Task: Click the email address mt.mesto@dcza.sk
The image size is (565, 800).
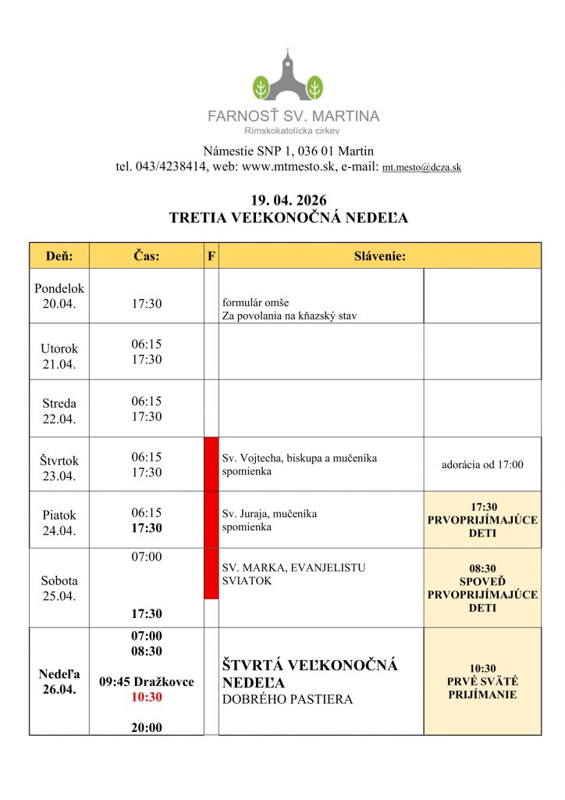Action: [x=421, y=168]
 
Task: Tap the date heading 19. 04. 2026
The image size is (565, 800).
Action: [x=288, y=202]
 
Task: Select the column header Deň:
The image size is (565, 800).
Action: [x=59, y=255]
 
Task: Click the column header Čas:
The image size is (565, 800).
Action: [x=146, y=255]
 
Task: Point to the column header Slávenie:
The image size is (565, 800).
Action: [x=379, y=255]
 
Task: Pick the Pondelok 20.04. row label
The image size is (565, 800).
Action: [x=59, y=296]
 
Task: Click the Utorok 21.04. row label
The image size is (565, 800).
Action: [x=59, y=356]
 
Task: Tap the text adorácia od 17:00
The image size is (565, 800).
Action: [x=482, y=465]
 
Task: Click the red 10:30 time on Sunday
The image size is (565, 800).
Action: [x=146, y=697]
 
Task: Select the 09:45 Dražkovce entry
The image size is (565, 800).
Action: [x=146, y=682]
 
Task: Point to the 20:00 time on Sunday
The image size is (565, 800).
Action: [x=146, y=727]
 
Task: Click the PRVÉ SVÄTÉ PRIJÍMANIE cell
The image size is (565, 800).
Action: [x=482, y=681]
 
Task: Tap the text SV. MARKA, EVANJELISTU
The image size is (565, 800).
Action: [x=294, y=568]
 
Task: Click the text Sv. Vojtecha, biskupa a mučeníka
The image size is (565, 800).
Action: [x=300, y=459]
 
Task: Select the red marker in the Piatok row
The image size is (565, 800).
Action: [x=211, y=520]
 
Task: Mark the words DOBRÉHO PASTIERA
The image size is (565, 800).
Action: [x=288, y=700]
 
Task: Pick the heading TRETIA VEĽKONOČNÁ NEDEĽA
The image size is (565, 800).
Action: [x=288, y=219]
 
